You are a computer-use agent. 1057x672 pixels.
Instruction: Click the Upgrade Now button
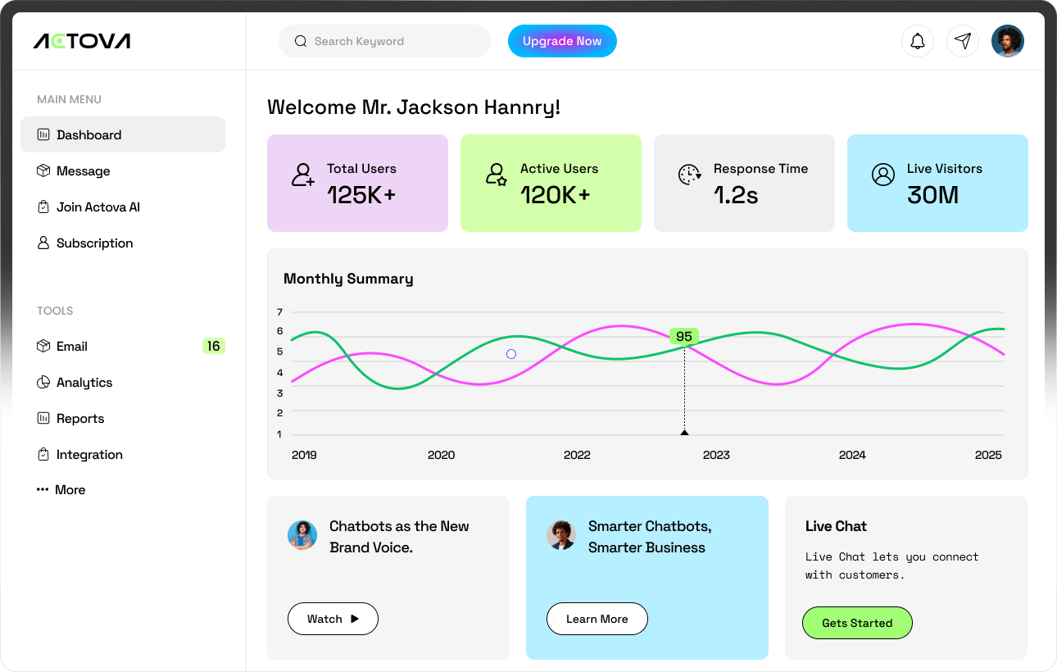[562, 41]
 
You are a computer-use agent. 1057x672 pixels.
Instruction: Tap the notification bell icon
[918, 41]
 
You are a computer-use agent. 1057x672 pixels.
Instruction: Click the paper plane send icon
[963, 41]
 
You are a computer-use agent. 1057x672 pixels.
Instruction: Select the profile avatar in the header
[1007, 41]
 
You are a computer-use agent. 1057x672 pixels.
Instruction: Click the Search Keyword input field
[385, 41]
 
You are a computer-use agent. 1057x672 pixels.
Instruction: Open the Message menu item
[83, 171]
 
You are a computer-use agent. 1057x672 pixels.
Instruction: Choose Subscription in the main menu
[94, 243]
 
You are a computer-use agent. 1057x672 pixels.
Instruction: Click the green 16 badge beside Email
[213, 347]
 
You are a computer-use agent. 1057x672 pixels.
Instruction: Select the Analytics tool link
[84, 383]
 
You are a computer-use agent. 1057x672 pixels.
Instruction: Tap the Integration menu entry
[88, 455]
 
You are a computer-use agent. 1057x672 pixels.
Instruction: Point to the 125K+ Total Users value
[361, 195]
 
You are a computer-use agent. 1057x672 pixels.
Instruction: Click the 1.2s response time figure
[736, 195]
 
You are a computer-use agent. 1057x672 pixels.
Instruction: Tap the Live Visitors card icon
[882, 175]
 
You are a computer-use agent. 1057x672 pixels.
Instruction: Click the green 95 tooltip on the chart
[684, 337]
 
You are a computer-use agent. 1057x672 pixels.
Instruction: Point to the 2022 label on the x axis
[577, 455]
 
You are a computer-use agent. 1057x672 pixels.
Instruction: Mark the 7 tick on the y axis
[279, 312]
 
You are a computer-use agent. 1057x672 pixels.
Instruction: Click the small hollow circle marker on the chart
[511, 354]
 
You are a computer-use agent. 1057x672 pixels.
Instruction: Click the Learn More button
[597, 619]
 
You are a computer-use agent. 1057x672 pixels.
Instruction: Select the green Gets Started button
[856, 623]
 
